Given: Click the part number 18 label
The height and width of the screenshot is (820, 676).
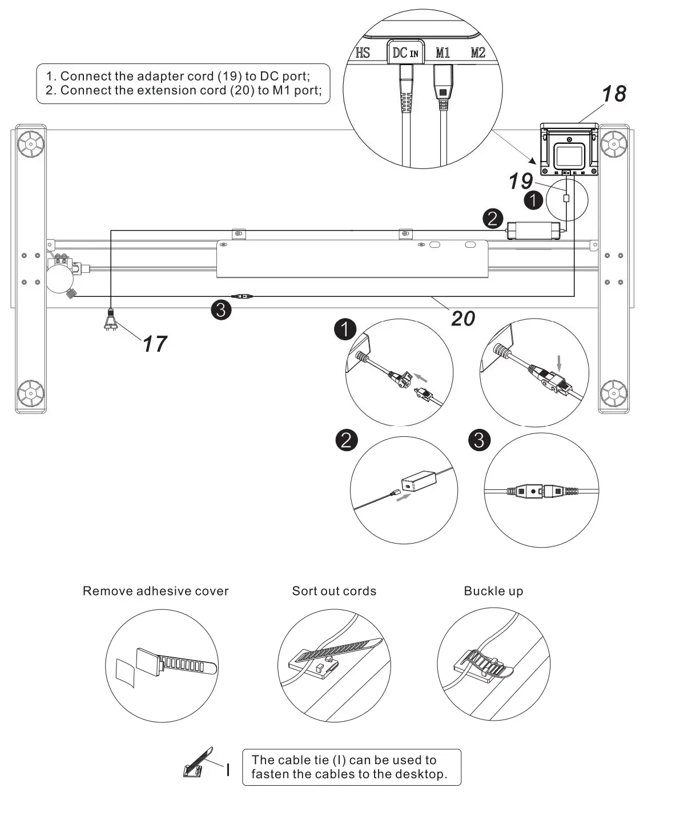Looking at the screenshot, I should pyautogui.click(x=613, y=94).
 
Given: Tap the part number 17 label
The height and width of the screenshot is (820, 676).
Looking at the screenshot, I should pyautogui.click(x=154, y=344).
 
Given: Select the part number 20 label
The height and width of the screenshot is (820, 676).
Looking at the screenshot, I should pyautogui.click(x=463, y=318).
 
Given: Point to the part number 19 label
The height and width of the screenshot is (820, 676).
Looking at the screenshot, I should pyautogui.click(x=521, y=182).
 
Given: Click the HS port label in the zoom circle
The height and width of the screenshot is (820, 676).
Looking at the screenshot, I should pyautogui.click(x=363, y=53).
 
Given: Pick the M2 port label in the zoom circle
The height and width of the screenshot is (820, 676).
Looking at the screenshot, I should pyautogui.click(x=478, y=53).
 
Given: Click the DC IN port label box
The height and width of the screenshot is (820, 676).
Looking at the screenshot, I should pyautogui.click(x=405, y=53).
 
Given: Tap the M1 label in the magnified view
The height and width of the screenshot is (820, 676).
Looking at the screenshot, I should pyautogui.click(x=442, y=53).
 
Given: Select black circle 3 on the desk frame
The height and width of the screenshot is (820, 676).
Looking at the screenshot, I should pyautogui.click(x=221, y=310).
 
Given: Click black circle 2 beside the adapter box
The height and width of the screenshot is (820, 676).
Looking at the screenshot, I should pyautogui.click(x=493, y=219).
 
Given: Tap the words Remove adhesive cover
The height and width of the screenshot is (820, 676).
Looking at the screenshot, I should pyautogui.click(x=155, y=591).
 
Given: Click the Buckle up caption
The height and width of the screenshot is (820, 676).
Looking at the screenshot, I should pyautogui.click(x=493, y=591).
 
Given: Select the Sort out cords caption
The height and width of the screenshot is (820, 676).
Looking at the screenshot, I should pyautogui.click(x=334, y=591).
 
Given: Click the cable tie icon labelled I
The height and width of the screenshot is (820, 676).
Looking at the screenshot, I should pyautogui.click(x=198, y=763).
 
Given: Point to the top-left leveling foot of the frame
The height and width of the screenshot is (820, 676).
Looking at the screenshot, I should pyautogui.click(x=30, y=143).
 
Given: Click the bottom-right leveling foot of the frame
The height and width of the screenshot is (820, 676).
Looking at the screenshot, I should pyautogui.click(x=614, y=392).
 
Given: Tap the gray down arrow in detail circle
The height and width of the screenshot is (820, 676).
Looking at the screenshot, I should pyautogui.click(x=559, y=361).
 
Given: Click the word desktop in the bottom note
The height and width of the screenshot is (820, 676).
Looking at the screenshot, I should pyautogui.click(x=420, y=775).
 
